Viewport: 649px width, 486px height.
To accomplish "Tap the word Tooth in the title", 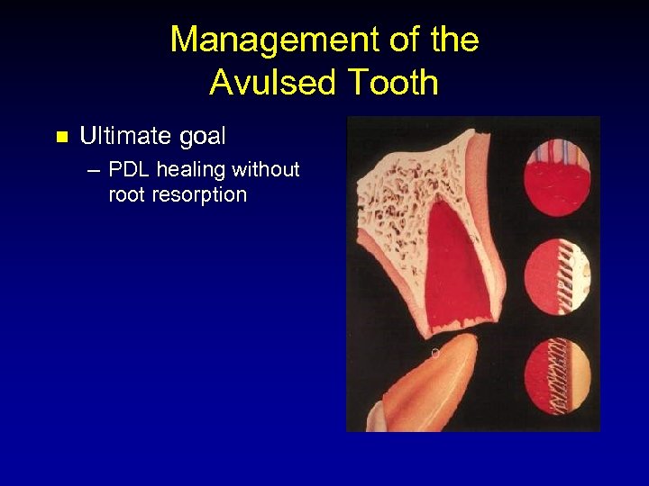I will [389, 82].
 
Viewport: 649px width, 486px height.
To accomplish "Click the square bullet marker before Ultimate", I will [61, 137].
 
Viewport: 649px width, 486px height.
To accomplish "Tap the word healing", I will [191, 169].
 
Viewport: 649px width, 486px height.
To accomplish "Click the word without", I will [266, 169].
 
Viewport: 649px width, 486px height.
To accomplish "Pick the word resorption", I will [199, 194].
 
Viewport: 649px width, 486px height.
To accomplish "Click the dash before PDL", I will [95, 169].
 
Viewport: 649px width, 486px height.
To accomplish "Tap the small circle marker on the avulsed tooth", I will [434, 353].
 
